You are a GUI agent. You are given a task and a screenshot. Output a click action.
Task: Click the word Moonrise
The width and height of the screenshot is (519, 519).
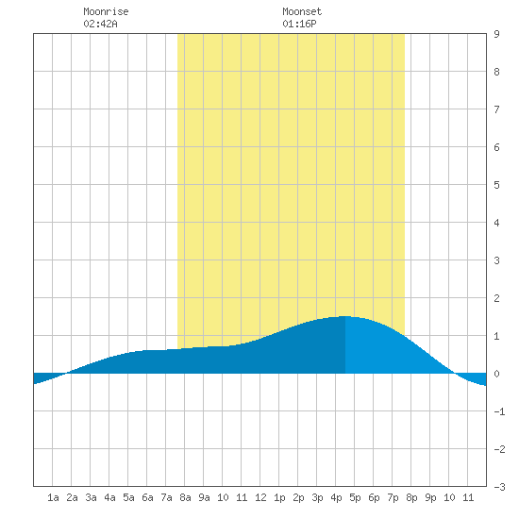click(x=106, y=11)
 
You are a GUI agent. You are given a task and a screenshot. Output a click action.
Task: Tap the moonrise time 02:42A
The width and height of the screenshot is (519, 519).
click(x=100, y=24)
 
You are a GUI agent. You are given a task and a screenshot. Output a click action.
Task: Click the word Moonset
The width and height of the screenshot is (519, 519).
click(x=302, y=11)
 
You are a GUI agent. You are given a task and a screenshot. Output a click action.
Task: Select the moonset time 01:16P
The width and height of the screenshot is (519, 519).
click(x=299, y=24)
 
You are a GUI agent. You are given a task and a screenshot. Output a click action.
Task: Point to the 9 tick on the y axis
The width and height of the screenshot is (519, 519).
click(x=496, y=34)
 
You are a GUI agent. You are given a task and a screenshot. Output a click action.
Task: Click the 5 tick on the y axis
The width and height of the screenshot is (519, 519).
click(x=496, y=185)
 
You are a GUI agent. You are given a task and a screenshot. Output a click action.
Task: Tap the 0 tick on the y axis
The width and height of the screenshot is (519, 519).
click(x=496, y=374)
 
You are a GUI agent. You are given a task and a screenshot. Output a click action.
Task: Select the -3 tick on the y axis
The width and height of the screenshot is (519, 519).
click(x=499, y=487)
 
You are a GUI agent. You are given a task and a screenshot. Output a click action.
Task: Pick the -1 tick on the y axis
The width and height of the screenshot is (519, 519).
click(x=499, y=411)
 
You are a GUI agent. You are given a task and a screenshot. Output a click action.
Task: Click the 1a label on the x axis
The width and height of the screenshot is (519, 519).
click(x=53, y=497)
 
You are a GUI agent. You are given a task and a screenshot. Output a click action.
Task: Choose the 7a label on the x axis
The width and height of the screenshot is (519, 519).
click(x=166, y=497)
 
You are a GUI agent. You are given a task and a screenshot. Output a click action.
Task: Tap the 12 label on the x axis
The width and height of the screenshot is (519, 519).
click(x=260, y=497)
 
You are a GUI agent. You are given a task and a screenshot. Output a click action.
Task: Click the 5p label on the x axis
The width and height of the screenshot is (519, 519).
click(x=355, y=497)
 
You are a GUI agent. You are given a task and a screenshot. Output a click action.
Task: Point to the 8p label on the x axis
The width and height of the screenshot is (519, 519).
click(x=411, y=497)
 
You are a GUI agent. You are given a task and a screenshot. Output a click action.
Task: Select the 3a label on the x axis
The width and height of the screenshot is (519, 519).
click(x=91, y=497)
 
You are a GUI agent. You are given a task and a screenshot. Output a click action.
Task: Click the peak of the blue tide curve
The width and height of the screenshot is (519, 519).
click(x=344, y=316)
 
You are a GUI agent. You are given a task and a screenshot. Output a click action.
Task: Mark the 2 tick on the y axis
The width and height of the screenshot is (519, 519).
click(x=496, y=298)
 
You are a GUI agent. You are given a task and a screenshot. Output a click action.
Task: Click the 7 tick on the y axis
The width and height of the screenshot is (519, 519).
click(x=496, y=109)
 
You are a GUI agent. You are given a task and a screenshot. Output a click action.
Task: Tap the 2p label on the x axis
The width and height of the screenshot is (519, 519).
click(x=298, y=497)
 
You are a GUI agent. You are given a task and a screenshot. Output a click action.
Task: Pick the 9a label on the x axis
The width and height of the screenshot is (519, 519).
click(x=204, y=497)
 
